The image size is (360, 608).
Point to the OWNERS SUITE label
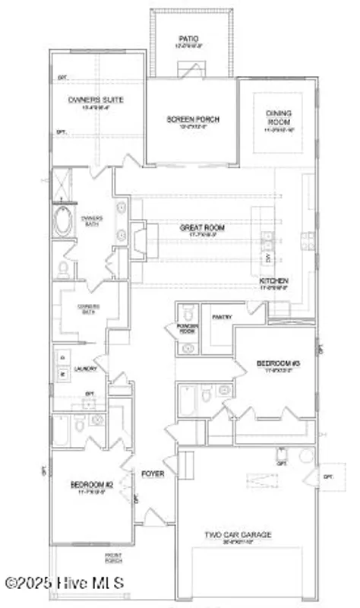click(x=96, y=100)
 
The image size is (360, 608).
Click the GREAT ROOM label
click(x=202, y=227)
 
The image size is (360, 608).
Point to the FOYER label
click(x=153, y=473)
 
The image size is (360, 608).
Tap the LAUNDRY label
click(x=83, y=369)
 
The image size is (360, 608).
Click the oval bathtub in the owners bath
click(x=63, y=223)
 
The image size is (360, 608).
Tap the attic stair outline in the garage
click(x=259, y=481)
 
